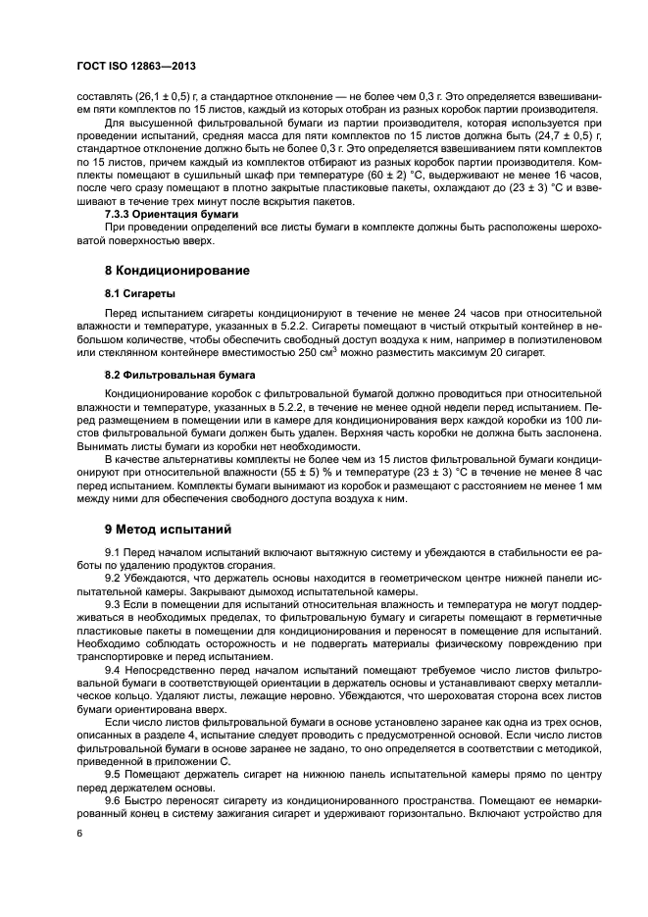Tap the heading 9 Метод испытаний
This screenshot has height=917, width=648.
(x=168, y=530)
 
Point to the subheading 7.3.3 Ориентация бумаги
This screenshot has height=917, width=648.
(x=171, y=213)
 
